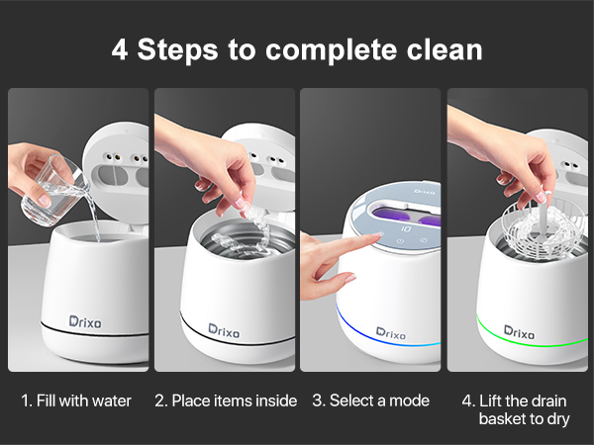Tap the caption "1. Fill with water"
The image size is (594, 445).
76,400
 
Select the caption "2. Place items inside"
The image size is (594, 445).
225,400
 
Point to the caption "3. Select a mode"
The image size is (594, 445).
371,400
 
